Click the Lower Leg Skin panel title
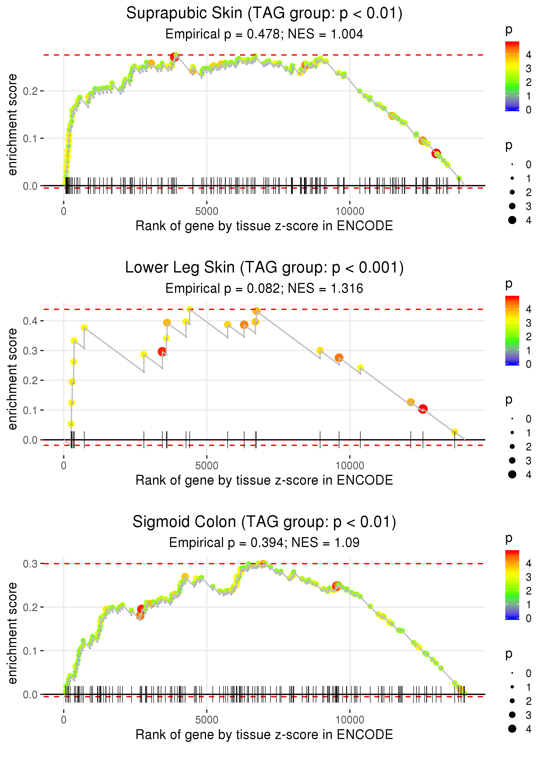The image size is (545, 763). [x=264, y=268]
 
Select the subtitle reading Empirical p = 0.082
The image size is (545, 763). [x=264, y=289]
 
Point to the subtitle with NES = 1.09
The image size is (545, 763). [x=264, y=543]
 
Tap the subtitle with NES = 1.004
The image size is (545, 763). [x=264, y=34]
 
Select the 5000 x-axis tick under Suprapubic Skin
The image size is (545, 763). [x=207, y=211]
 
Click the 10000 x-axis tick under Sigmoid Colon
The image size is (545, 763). [x=350, y=720]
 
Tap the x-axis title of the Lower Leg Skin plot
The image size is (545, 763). [x=264, y=480]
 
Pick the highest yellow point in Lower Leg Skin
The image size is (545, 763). [x=190, y=309]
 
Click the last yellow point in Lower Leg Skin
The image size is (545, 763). [x=454, y=432]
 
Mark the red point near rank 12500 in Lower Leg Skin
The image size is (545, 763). [x=423, y=409]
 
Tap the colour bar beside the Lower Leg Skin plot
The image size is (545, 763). [x=512, y=330]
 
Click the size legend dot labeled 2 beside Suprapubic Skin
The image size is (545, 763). [x=512, y=192]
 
